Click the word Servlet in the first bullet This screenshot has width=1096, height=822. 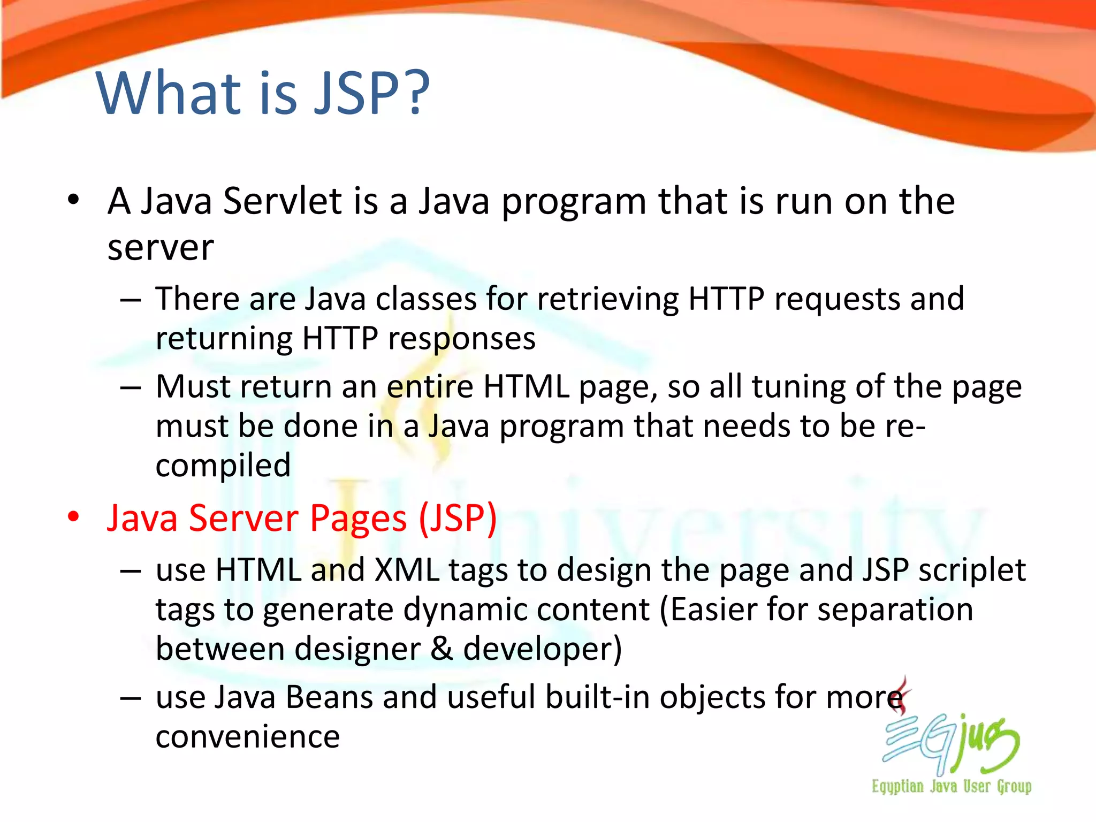coord(282,201)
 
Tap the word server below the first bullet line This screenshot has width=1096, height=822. coord(161,248)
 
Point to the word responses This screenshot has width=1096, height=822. coord(461,338)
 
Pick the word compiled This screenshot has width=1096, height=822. coord(223,465)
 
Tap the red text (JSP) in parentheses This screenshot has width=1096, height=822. coord(458,518)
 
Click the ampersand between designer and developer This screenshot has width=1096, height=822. coord(442,649)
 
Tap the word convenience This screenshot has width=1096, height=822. coord(247,737)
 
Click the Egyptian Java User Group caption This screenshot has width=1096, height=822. coord(952,786)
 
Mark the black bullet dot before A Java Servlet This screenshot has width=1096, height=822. coord(73,200)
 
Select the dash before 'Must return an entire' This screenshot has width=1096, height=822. coord(131,387)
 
